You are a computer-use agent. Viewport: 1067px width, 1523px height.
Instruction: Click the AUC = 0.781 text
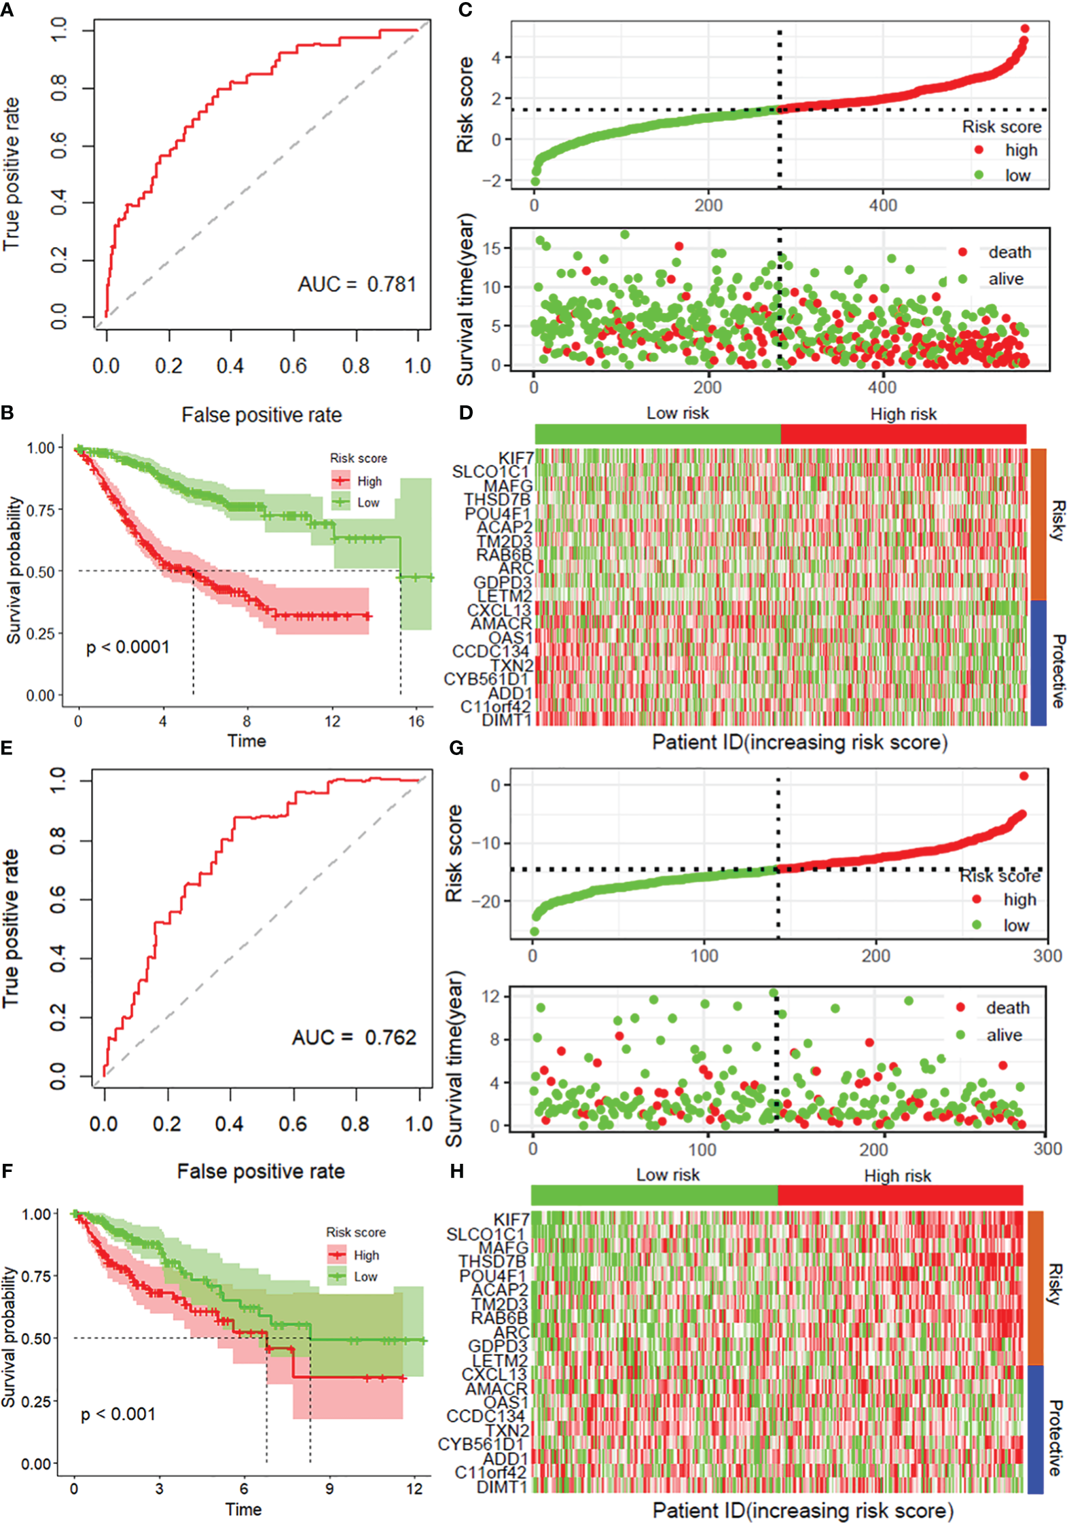coord(357,285)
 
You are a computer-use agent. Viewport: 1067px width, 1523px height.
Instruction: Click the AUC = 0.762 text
coord(354,1038)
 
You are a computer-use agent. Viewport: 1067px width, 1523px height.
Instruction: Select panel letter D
coord(465,412)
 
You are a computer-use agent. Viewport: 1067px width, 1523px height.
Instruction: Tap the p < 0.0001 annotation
coord(128,647)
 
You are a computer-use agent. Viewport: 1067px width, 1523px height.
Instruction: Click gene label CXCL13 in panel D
coord(499,610)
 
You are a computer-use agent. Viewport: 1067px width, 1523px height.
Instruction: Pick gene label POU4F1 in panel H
coord(492,1276)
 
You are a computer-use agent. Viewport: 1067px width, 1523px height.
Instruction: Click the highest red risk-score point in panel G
coord(1024,776)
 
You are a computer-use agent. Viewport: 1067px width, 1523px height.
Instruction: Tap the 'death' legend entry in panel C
coord(1009,253)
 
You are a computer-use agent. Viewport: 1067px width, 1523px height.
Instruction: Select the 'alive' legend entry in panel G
coord(1004,1035)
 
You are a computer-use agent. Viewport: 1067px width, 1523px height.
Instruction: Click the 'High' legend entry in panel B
coord(369,481)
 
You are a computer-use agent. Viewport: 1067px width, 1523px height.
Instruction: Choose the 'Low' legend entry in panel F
coord(365,1277)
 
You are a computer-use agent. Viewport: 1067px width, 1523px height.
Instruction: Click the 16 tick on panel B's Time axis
coord(416,721)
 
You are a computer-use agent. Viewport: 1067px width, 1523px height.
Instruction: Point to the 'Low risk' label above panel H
coord(668,1175)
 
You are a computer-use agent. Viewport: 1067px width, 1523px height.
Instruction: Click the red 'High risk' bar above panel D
coord(903,434)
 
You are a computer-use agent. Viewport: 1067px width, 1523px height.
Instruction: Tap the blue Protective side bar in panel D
coord(1038,663)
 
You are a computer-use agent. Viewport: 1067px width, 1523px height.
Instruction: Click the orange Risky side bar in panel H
coord(1035,1287)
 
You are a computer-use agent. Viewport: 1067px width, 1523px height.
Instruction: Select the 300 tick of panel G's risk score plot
coord(1047,956)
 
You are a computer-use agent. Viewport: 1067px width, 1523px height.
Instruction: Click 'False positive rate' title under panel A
coord(261,415)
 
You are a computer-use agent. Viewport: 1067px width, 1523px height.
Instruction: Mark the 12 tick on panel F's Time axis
coord(414,1488)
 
